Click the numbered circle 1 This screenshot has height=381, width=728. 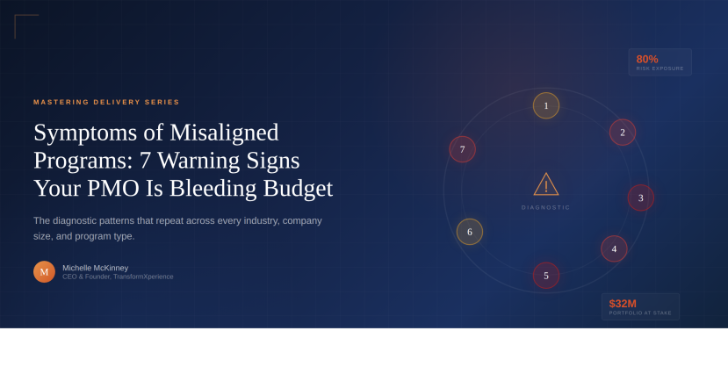[x=546, y=106]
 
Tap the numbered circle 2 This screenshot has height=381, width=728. [x=623, y=133]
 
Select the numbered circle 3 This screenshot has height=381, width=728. [x=641, y=198]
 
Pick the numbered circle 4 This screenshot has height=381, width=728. [x=614, y=248]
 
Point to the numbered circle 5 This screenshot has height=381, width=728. [x=546, y=276]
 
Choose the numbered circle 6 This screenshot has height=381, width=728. [x=470, y=232]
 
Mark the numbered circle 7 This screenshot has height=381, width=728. [x=463, y=149]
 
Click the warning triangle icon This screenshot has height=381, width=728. [x=546, y=184]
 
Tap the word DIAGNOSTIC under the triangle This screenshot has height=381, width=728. [x=546, y=207]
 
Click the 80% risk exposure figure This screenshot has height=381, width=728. [x=647, y=60]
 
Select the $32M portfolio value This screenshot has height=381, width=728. [x=623, y=304]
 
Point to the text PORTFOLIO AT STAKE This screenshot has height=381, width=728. [x=640, y=313]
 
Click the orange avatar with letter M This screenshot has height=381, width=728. [x=44, y=272]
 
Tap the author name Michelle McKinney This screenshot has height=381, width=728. [x=95, y=268]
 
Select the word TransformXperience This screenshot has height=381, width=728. [x=143, y=277]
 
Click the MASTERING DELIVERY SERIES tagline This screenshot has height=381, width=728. [x=106, y=102]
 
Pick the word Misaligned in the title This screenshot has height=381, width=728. [x=224, y=133]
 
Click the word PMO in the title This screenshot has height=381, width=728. [x=113, y=189]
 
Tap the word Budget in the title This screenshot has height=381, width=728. [x=298, y=190]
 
